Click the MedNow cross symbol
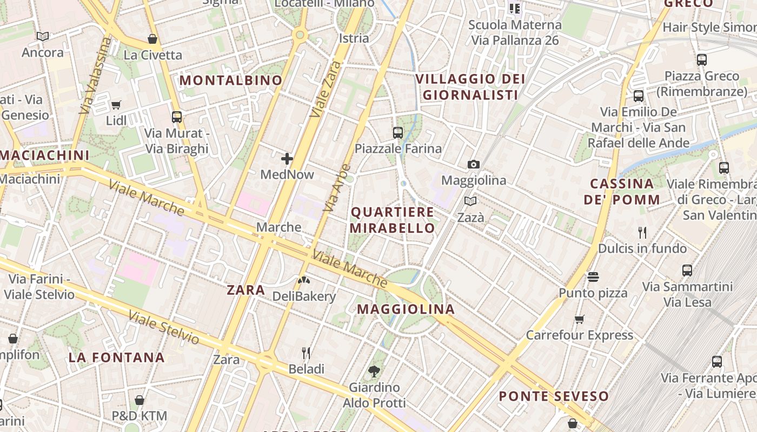click(287, 159)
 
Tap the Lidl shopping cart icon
click(116, 105)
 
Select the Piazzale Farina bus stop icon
click(398, 132)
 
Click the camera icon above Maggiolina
click(474, 164)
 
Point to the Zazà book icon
click(470, 201)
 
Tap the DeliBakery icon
click(304, 280)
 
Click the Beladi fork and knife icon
click(306, 353)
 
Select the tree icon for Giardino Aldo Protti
click(374, 371)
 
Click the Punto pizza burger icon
click(593, 277)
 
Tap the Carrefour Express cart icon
click(580, 319)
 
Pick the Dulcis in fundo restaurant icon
click(642, 233)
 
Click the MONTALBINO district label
click(231, 80)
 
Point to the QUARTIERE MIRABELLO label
click(392, 220)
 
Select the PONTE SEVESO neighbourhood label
click(554, 396)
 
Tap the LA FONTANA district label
click(116, 357)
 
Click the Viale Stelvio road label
click(164, 328)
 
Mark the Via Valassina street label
click(95, 76)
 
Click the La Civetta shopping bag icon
click(152, 39)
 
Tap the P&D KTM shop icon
click(140, 400)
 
